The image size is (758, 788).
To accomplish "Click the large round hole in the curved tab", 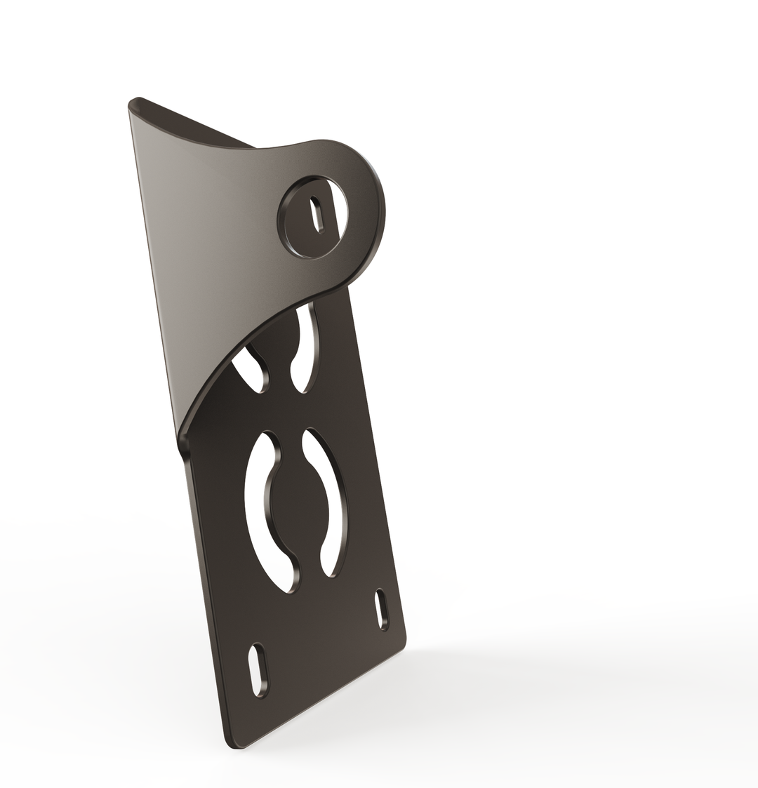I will (313, 218).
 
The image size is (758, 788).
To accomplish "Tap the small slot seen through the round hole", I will (317, 213).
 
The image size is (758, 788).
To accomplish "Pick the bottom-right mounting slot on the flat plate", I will (383, 609).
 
